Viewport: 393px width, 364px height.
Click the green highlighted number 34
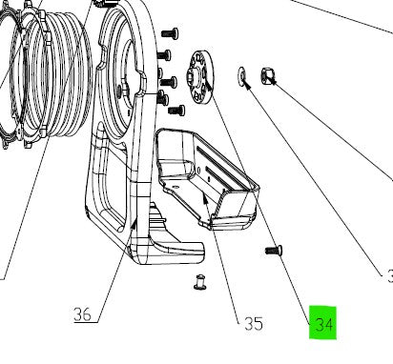tap(323, 323)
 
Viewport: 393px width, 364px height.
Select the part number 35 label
tap(253, 323)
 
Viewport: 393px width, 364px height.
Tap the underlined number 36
tap(83, 313)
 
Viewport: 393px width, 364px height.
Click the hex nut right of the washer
tap(269, 77)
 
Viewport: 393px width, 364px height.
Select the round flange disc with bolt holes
tap(203, 71)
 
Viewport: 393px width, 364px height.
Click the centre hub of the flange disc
tap(203, 71)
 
